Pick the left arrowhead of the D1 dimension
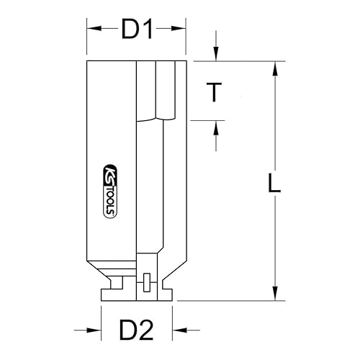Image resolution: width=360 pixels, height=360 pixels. pyautogui.click(x=91, y=30)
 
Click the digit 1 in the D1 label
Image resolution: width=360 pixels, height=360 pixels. pyautogui.click(x=149, y=30)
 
